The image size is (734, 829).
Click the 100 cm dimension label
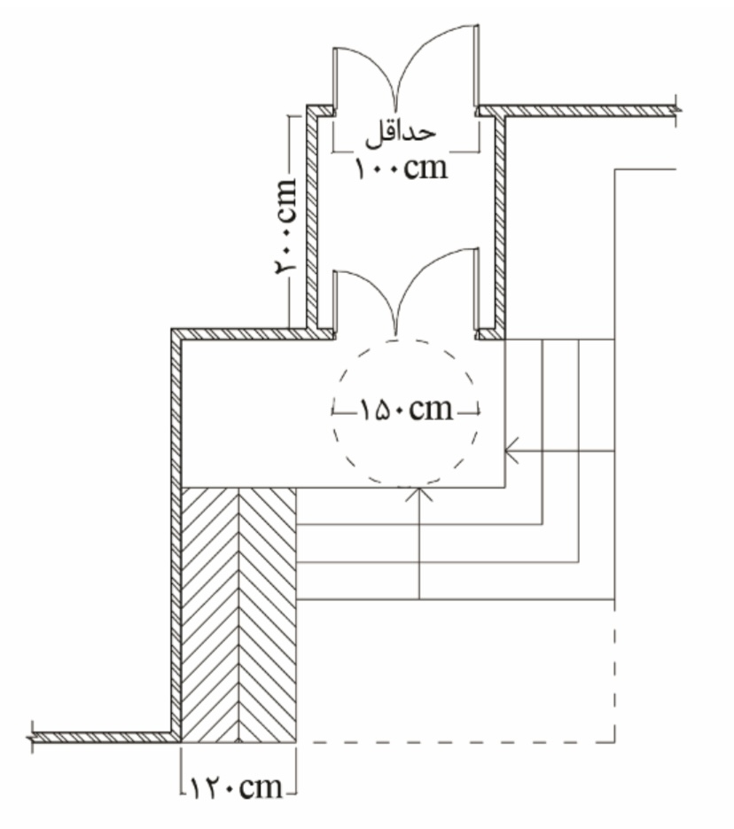pyautogui.click(x=401, y=168)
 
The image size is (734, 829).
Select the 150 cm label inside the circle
pyautogui.click(x=406, y=410)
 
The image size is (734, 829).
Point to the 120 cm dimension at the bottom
pyautogui.click(x=236, y=787)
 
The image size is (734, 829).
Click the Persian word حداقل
pyautogui.click(x=401, y=134)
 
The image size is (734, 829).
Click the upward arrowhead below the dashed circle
pyautogui.click(x=419, y=495)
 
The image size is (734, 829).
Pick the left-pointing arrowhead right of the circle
pyautogui.click(x=511, y=451)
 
